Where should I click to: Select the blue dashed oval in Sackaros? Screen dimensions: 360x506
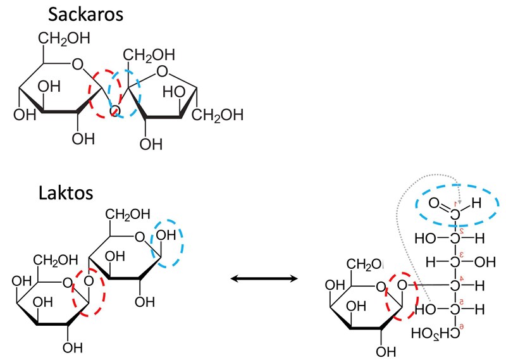[x=125, y=93]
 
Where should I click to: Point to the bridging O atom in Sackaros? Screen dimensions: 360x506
[x=114, y=112]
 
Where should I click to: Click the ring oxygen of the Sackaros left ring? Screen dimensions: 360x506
[x=78, y=63]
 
